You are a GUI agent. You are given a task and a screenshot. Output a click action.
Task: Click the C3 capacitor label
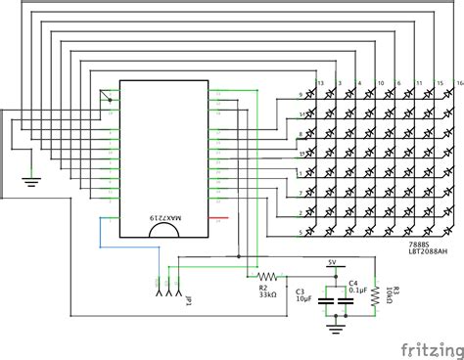pyautogui.click(x=301, y=290)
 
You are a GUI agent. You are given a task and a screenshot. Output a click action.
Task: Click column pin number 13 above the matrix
pyautogui.click(x=316, y=84)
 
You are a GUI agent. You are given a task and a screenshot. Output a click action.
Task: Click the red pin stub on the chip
pyautogui.click(x=223, y=216)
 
